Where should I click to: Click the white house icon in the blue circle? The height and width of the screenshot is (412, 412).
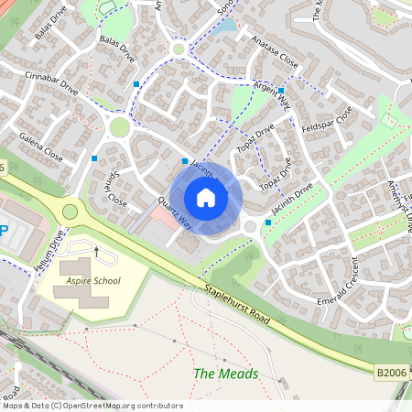tap(206, 198)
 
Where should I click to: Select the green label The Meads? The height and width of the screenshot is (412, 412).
tap(225, 374)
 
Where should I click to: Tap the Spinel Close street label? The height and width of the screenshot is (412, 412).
tap(114, 186)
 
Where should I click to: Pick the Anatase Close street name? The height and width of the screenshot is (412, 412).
tap(273, 62)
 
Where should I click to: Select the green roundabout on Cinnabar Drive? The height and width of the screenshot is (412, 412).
tap(119, 127)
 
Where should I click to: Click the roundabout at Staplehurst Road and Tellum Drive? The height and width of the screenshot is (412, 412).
tap(70, 212)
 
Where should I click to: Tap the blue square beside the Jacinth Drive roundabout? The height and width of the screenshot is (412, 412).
tap(267, 222)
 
